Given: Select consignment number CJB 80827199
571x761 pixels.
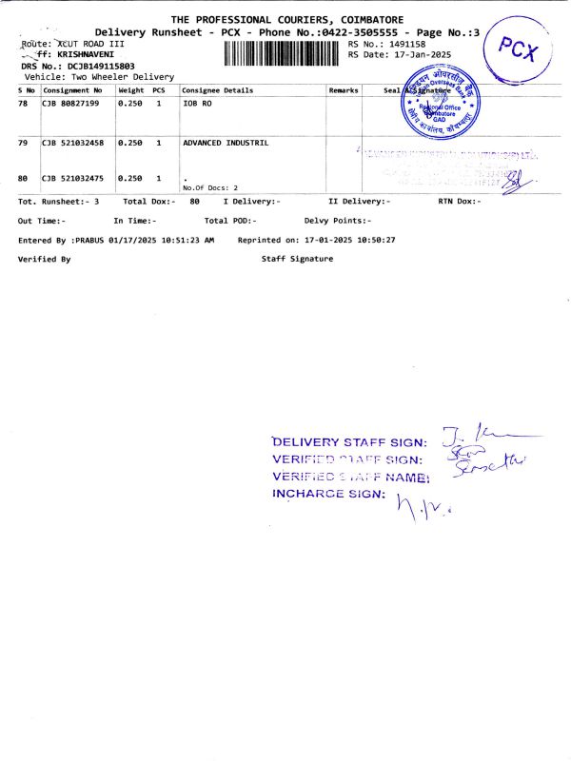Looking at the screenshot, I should [75, 102].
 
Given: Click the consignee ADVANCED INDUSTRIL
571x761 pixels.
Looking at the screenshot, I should [225, 143].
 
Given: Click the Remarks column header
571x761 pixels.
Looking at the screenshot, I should [344, 89].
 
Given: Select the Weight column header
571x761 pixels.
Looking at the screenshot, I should [130, 89].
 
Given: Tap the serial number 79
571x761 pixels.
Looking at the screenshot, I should [23, 143].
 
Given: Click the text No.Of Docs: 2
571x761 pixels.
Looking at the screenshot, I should [209, 188].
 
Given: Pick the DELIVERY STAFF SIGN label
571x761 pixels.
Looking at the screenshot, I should [349, 441].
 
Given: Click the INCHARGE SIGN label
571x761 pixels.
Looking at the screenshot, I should [328, 494].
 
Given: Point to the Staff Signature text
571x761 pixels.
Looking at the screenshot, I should [297, 259].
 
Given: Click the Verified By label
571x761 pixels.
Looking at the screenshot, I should [45, 259].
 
